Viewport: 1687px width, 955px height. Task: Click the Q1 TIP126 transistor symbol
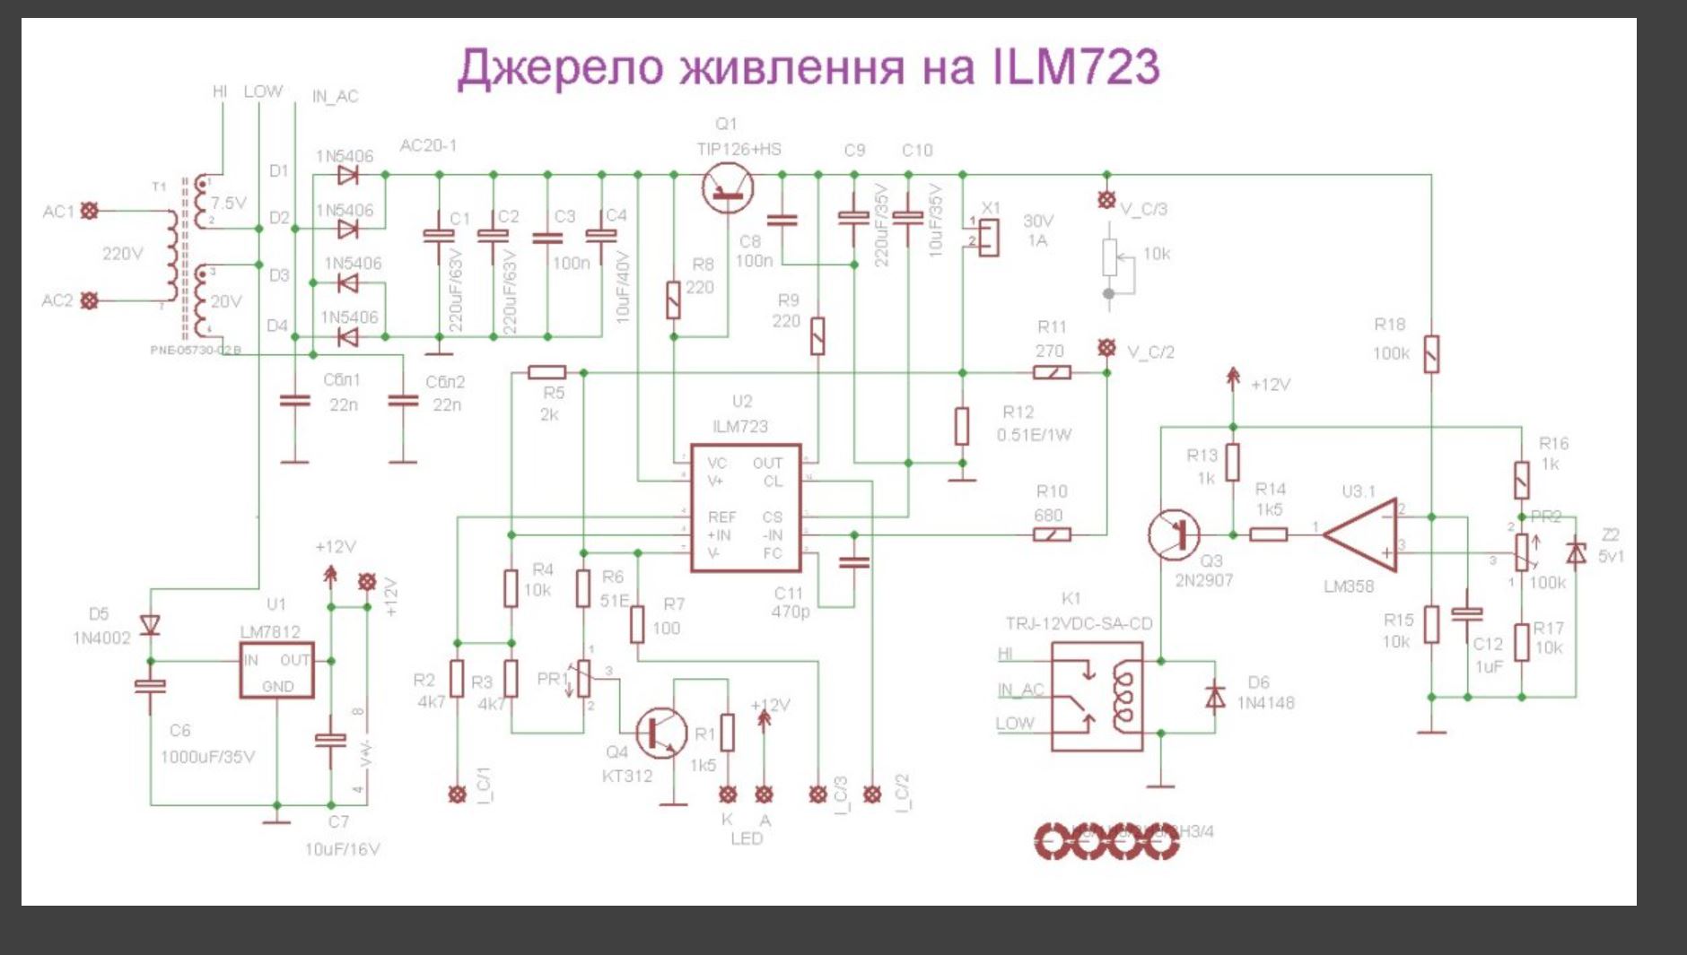click(x=728, y=187)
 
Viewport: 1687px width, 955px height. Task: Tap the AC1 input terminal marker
click(x=90, y=211)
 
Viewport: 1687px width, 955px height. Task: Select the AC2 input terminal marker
click(x=90, y=300)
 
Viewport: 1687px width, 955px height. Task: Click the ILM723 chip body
click(x=745, y=508)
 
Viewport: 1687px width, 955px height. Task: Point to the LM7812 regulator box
click(x=276, y=670)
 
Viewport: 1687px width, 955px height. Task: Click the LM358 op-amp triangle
click(x=1362, y=534)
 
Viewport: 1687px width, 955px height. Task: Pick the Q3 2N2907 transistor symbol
click(x=1175, y=534)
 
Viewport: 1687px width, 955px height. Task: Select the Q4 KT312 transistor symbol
click(x=661, y=733)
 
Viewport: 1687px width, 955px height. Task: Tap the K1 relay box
click(x=1097, y=696)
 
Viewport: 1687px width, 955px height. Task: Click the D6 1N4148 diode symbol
click(x=1215, y=696)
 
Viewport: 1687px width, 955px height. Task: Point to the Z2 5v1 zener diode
click(x=1576, y=552)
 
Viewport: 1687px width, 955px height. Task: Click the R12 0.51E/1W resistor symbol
click(x=962, y=426)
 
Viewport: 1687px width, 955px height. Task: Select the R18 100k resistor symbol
click(x=1431, y=353)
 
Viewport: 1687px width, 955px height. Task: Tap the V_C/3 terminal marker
click(x=1107, y=200)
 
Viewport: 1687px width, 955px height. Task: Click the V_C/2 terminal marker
click(x=1107, y=347)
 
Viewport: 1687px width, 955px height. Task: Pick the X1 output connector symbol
click(x=987, y=236)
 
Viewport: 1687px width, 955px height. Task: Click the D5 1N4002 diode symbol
click(x=151, y=624)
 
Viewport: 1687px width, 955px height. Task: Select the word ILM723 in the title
click(x=1076, y=66)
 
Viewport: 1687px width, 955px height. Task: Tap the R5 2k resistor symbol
click(x=546, y=372)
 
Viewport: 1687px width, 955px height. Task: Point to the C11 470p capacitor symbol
click(x=854, y=561)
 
